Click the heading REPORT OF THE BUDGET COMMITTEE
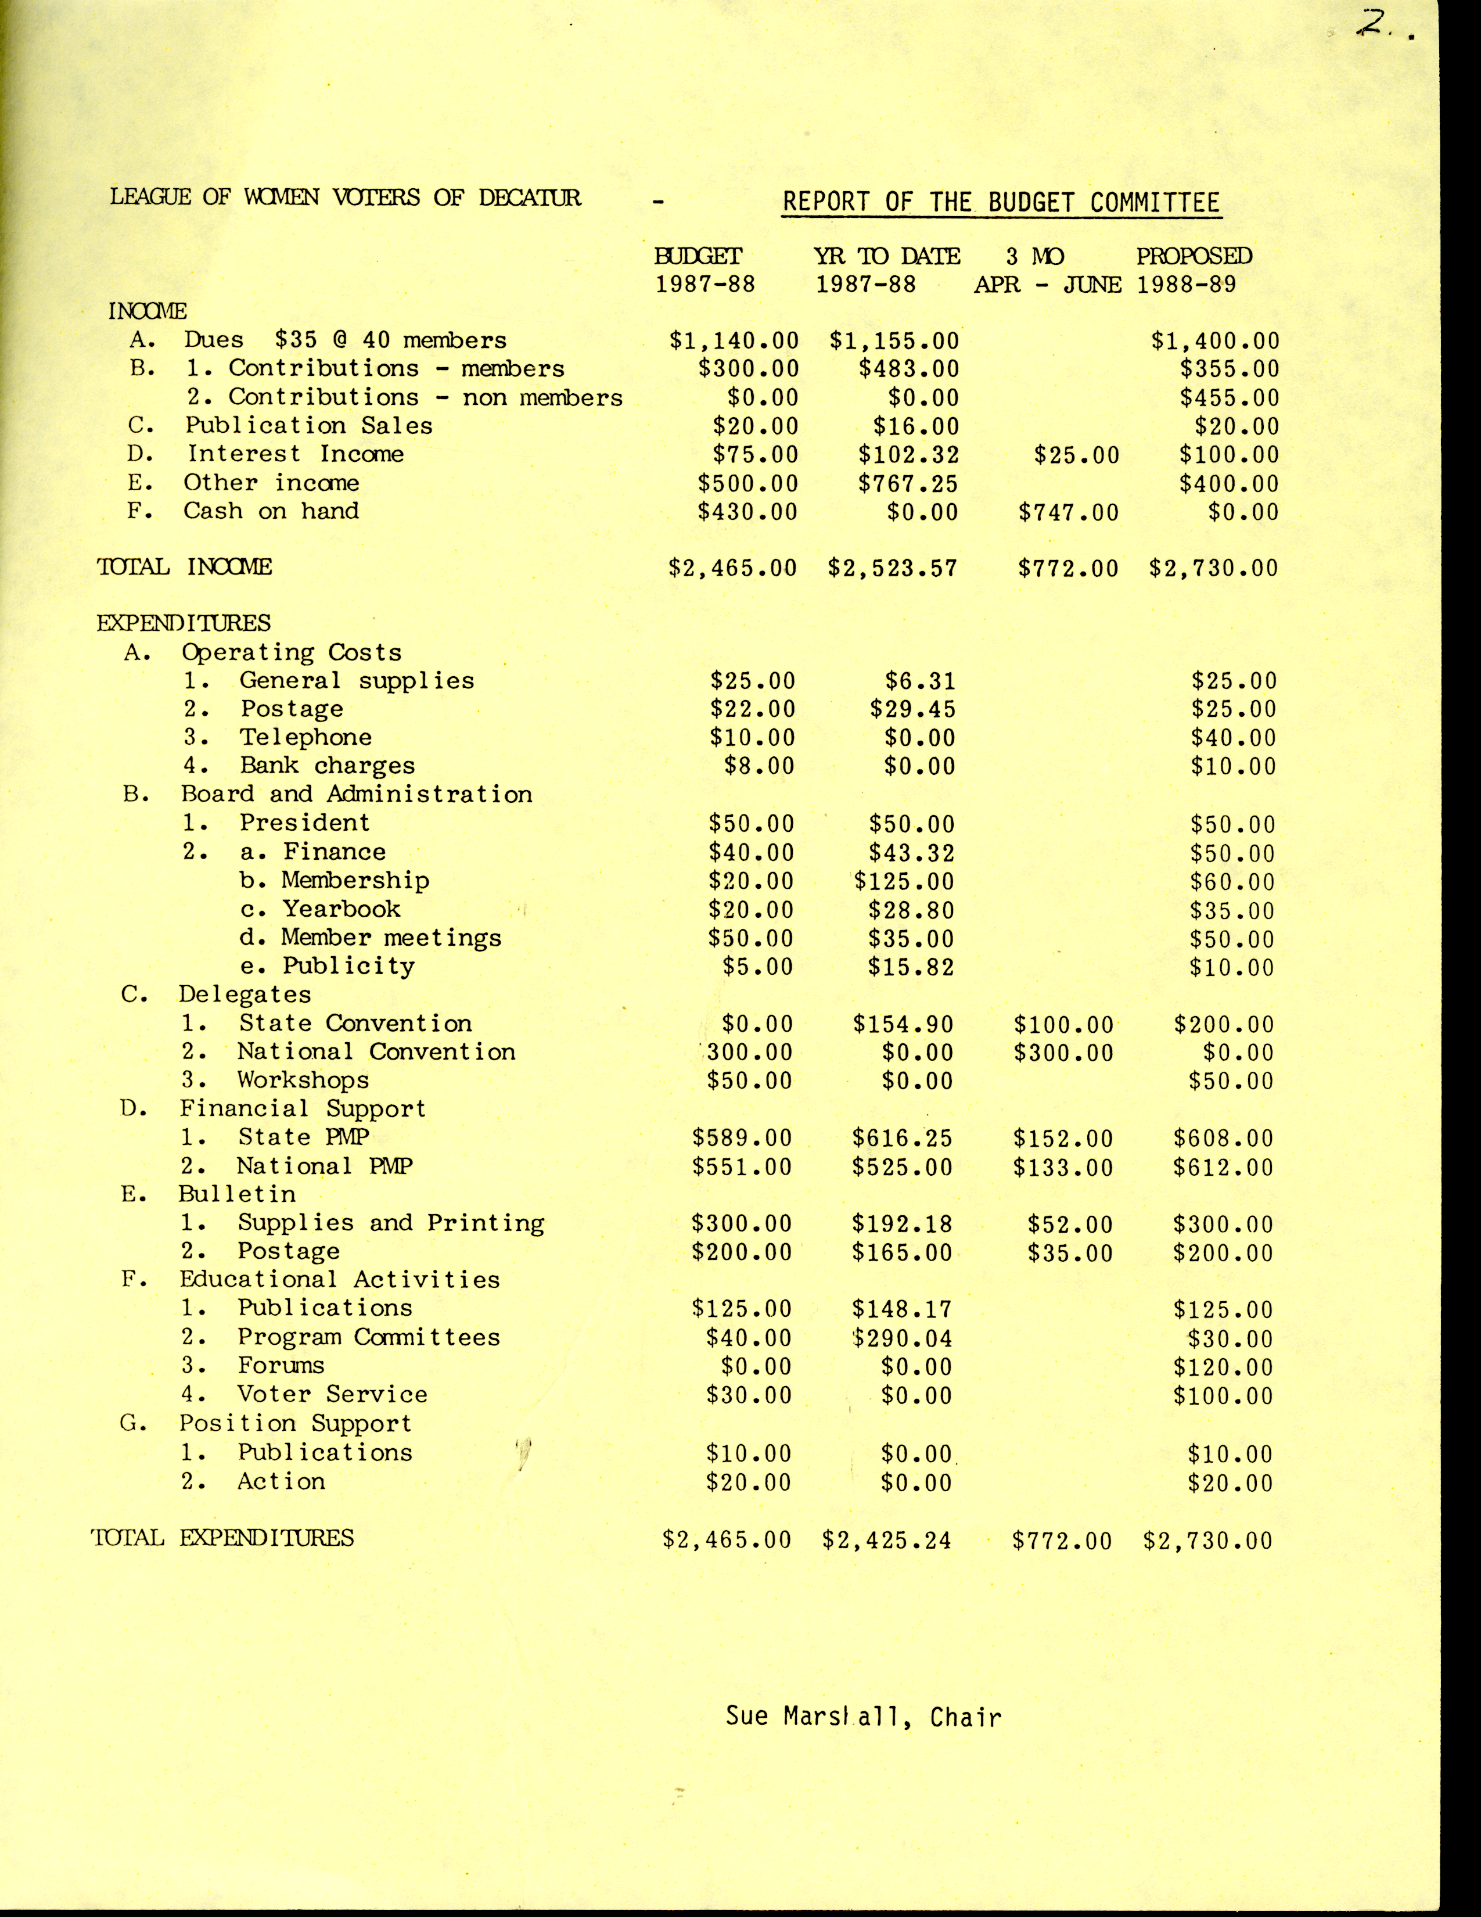1001,202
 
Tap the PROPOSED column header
1194,256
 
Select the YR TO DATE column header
886,256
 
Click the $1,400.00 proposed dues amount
1215,340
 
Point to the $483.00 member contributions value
908,369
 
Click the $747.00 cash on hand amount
1069,512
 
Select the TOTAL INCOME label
184,567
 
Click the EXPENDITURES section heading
184,623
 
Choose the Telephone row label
305,737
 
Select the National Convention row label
376,1051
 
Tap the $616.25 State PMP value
902,1139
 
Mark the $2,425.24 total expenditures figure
886,1539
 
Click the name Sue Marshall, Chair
863,1716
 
